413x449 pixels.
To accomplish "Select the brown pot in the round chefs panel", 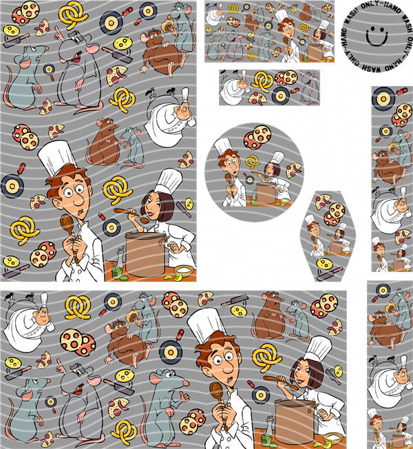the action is point(266,194).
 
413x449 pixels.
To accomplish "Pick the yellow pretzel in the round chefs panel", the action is point(252,162).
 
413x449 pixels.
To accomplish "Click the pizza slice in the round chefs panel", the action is point(293,170).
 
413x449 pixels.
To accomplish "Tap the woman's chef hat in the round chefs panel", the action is point(277,157).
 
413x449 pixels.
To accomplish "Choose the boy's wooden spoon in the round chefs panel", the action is point(229,183).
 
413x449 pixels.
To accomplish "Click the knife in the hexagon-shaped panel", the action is point(329,274).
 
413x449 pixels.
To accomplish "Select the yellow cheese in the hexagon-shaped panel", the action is point(324,264).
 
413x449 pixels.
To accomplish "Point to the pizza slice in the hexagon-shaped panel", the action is point(323,201).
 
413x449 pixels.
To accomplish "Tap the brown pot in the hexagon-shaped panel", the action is point(337,248).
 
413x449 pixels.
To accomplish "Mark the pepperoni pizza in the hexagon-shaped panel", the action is point(335,214).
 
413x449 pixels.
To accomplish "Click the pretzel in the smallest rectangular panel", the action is point(262,82).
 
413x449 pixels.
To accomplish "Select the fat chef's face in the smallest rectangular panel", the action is point(243,85).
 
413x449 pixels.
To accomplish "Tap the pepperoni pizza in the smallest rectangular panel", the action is point(286,78).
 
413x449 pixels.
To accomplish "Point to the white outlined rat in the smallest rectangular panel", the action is point(309,87).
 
